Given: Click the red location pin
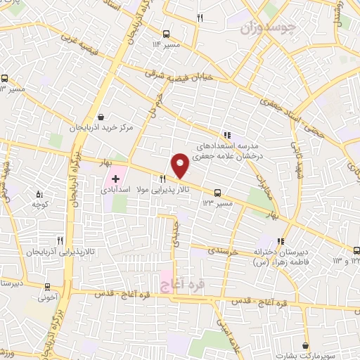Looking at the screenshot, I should pyautogui.click(x=181, y=165).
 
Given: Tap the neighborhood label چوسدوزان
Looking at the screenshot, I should pyautogui.click(x=269, y=28).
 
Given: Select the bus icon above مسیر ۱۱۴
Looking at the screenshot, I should pyautogui.click(x=166, y=34).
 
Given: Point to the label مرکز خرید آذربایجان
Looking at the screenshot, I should pyautogui.click(x=101, y=129).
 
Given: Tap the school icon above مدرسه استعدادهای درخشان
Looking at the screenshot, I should pyautogui.click(x=226, y=135).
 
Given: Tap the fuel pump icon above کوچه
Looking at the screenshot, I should pyautogui.click(x=39, y=193).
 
